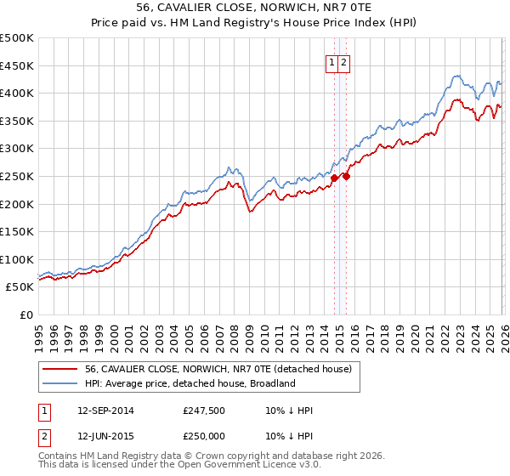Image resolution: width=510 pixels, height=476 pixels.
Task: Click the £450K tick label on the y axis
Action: [x=17, y=65]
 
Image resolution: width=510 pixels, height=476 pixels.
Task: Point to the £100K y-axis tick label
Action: [x=17, y=259]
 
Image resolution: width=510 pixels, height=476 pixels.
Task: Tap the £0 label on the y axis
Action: [x=26, y=314]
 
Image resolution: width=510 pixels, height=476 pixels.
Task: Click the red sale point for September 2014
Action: [x=334, y=178]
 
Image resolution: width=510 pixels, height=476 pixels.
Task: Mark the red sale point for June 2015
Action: [x=346, y=177]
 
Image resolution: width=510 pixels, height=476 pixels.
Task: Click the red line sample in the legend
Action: [x=60, y=369]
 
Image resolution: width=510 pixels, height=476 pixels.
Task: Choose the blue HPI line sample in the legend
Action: [x=60, y=383]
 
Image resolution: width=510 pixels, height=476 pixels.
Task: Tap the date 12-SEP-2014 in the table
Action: [x=105, y=411]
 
